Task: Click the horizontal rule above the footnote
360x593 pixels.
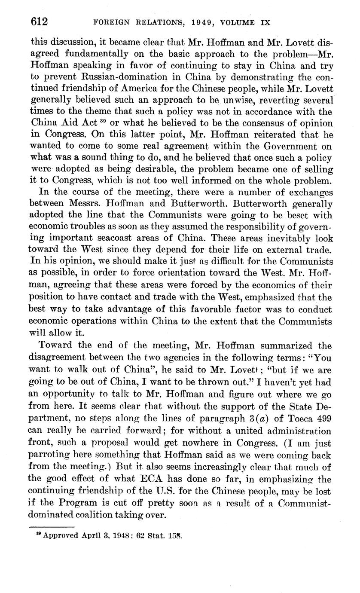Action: tap(52, 527)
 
